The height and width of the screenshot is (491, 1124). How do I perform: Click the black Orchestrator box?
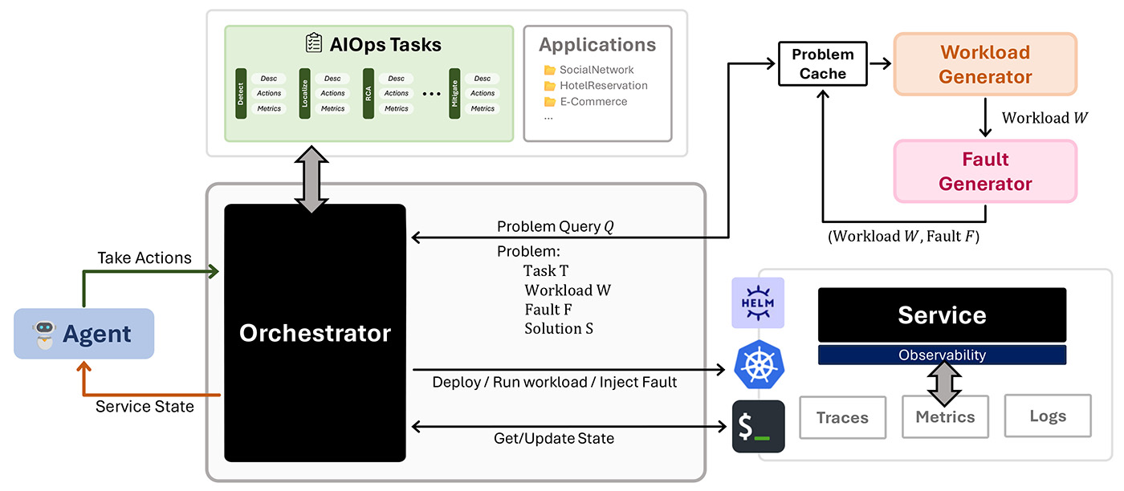point(315,333)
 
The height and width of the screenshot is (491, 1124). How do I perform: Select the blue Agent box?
point(84,334)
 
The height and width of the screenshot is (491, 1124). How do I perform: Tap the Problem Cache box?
point(823,64)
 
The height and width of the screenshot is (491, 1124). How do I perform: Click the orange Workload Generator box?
point(985,65)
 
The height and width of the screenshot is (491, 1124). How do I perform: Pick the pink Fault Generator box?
point(985,172)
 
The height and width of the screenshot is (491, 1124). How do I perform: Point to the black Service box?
point(942,315)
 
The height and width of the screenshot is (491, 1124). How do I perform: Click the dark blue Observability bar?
point(942,355)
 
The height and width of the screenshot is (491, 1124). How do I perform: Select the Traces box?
point(842,417)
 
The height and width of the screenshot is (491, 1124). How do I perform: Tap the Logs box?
point(1048,416)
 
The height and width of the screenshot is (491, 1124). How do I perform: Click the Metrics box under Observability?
point(945,417)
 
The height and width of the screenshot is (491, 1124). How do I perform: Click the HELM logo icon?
point(758,303)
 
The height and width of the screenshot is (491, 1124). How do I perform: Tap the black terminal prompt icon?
point(758,427)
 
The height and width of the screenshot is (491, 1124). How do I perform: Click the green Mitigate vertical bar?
point(454,93)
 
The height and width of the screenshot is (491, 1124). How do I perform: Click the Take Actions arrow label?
point(145,258)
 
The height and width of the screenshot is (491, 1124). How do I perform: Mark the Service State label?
point(145,407)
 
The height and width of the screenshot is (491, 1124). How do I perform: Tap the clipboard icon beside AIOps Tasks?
point(314,43)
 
